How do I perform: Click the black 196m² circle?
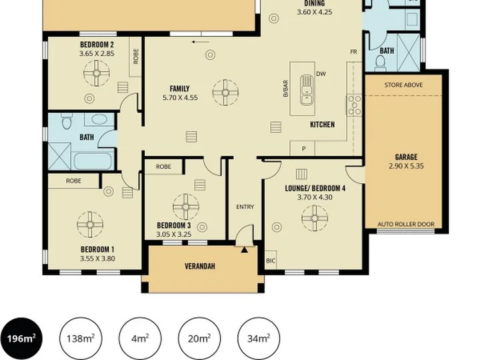[21, 339]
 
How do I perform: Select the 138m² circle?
[81, 339]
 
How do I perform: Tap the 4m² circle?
[140, 339]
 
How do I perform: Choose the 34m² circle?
[259, 339]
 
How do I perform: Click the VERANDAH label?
[200, 266]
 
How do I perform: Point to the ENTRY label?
[245, 207]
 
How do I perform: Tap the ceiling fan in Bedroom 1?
[90, 225]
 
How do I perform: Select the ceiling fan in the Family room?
[225, 93]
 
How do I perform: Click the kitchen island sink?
[307, 90]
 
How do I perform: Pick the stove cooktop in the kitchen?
[354, 105]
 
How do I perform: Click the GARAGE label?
[406, 157]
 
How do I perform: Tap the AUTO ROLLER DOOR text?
[406, 224]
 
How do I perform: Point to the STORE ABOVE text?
[403, 85]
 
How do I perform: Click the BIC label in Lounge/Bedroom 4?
[271, 261]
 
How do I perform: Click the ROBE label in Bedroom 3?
[163, 167]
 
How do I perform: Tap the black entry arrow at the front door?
[244, 250]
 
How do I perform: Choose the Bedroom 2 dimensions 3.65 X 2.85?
[97, 53]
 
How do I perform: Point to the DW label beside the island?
[321, 74]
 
